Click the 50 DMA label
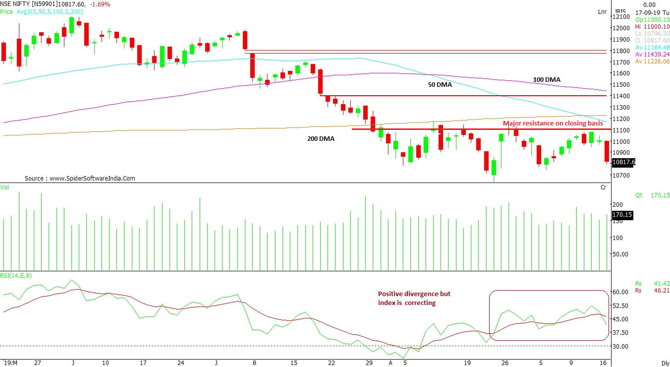[x=440, y=85]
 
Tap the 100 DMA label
[x=547, y=79]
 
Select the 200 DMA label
[x=321, y=139]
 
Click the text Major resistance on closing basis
[x=553, y=123]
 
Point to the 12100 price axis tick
[x=622, y=16]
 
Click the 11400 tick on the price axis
[x=622, y=96]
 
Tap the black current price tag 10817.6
[x=623, y=162]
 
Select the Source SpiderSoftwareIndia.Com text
[x=80, y=179]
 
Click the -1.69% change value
[x=101, y=4]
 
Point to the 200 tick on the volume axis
[x=617, y=204]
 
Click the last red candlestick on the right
[x=607, y=151]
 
